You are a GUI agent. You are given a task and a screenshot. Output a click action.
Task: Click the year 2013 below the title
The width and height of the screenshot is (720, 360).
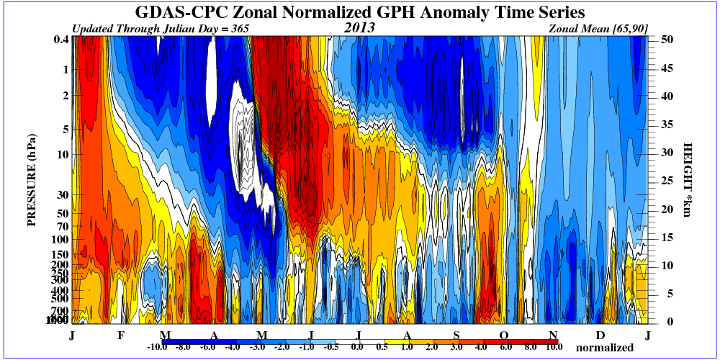[x=359, y=28]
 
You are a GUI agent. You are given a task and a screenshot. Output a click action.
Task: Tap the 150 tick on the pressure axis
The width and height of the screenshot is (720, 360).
[x=60, y=253]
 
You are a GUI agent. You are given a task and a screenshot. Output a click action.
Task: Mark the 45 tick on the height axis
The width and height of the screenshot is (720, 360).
[x=667, y=68]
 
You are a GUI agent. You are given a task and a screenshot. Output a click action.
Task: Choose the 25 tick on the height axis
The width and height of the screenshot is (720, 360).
[x=667, y=181]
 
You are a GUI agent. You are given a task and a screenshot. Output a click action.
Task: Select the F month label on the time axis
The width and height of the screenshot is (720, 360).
[x=120, y=336]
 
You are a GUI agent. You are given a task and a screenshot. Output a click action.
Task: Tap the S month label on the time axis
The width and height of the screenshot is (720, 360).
[x=456, y=336]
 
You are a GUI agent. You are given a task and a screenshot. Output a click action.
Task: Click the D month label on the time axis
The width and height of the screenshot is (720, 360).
[x=600, y=336]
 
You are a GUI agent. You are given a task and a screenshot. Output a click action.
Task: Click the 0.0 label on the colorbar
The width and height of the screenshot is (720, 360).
[x=357, y=347]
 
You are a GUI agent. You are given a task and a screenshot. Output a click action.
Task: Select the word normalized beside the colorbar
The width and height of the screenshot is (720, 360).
[x=604, y=348]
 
